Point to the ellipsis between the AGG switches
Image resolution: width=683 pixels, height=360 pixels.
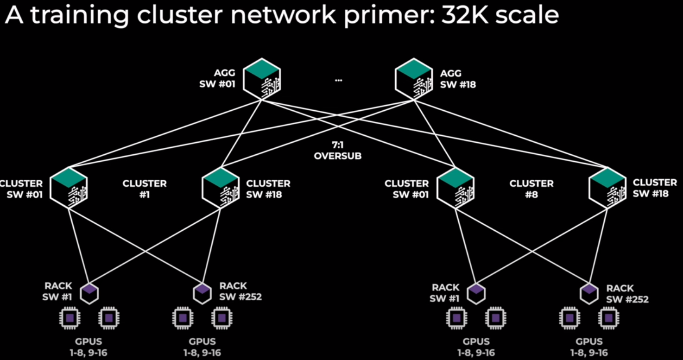338,80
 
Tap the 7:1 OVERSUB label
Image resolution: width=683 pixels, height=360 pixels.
337,151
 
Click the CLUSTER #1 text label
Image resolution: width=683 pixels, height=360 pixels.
145,189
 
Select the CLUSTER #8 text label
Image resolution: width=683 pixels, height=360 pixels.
531,189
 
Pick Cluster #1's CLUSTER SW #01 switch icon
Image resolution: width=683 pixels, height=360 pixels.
69,189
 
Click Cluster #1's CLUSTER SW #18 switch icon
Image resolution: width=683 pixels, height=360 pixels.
221,189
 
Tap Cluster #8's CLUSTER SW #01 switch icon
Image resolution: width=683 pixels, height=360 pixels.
455,189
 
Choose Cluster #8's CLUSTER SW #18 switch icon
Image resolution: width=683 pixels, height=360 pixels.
607,189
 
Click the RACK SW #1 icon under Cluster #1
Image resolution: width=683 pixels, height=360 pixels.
89,293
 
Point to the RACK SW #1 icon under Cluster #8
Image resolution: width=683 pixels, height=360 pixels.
476,293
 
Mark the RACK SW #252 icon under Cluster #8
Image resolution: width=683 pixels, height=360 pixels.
589,293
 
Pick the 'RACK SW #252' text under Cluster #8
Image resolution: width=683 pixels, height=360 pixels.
627,294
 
